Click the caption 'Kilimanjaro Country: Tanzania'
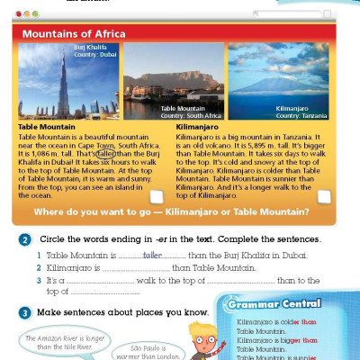(x=301, y=112)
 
